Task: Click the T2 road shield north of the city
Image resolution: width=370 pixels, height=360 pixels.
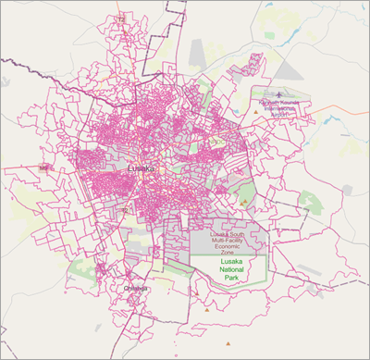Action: point(119,19)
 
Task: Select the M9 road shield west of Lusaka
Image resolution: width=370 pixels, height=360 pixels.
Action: point(43,168)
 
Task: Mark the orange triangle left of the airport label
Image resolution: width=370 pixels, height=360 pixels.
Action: point(256,112)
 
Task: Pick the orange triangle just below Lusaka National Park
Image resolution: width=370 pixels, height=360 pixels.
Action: point(197,295)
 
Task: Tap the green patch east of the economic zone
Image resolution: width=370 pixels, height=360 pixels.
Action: point(311,201)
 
